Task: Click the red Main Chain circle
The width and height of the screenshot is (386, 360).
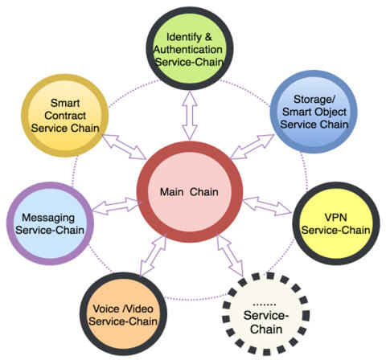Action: click(x=190, y=192)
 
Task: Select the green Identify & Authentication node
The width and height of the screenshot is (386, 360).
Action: click(x=190, y=48)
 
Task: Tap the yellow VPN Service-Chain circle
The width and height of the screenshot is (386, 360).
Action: click(x=336, y=223)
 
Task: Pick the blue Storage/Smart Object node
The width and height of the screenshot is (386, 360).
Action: click(x=314, y=112)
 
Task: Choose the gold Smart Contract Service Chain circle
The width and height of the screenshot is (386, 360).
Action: click(x=65, y=116)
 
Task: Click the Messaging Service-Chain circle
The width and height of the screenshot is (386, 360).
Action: click(x=50, y=223)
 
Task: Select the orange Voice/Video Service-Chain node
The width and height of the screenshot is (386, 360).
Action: click(x=123, y=314)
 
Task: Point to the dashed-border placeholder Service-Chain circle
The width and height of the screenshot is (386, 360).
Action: click(x=266, y=314)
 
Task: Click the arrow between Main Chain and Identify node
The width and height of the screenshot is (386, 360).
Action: click(x=190, y=116)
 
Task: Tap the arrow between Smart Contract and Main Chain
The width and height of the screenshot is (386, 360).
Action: click(x=124, y=146)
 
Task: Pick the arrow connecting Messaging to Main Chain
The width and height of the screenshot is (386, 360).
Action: click(x=116, y=207)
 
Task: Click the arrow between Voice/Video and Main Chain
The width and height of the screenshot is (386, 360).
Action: click(x=153, y=255)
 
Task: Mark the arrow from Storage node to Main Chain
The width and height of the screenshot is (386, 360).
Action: click(x=253, y=147)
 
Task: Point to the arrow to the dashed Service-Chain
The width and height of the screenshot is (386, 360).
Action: click(x=230, y=256)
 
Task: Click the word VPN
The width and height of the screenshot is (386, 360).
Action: click(x=336, y=217)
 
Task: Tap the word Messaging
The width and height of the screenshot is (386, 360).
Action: click(x=48, y=218)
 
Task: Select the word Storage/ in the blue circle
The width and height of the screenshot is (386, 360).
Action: click(x=314, y=100)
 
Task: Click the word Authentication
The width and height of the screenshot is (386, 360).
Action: click(x=188, y=50)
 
